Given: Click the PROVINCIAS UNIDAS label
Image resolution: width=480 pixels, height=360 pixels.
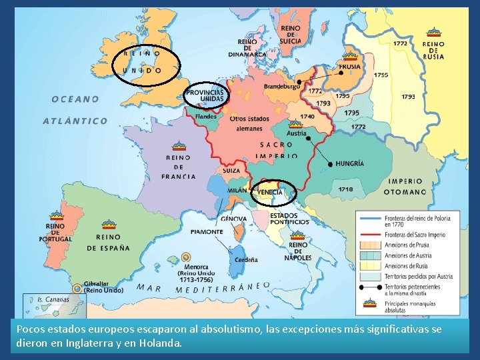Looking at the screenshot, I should tap(205, 95).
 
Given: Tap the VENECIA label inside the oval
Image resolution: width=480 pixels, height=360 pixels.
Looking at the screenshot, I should tap(270, 192).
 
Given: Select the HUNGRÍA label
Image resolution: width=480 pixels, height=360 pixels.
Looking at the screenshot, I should tap(350, 163).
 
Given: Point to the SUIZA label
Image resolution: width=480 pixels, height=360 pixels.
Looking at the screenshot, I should tap(231, 171).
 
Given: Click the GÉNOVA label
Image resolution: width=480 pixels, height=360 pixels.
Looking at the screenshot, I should tap(233, 219).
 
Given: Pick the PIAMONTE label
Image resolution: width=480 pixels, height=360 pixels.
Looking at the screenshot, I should tap(207, 232).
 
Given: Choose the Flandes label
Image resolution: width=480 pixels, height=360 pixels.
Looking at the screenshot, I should tap(206, 116).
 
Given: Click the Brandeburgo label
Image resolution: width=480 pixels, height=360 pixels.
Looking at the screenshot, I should tap(281, 87).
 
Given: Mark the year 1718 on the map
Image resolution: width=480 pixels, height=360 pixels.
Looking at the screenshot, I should tap(345, 189).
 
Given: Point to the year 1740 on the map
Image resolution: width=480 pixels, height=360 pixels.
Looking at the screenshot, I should tap(307, 116).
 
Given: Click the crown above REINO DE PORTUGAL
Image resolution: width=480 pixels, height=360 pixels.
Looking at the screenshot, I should tap(55, 215).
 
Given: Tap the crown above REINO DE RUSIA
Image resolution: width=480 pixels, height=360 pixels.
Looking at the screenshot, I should tap(434, 32).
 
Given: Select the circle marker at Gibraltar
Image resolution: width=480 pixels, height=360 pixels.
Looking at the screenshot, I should tap(78, 288).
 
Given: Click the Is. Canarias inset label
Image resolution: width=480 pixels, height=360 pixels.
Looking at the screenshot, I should tap(53, 299).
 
